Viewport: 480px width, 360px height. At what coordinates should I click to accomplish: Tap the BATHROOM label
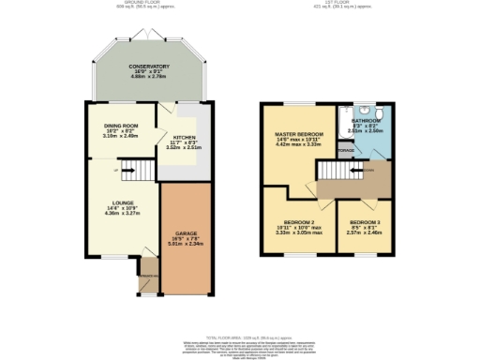[x=366, y=121]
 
